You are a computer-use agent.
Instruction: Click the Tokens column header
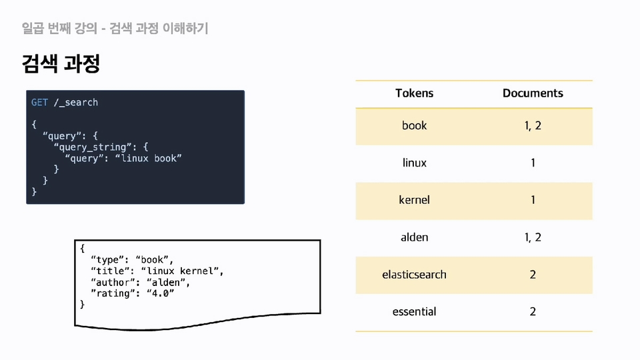[414, 93]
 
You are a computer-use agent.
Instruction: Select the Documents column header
[533, 93]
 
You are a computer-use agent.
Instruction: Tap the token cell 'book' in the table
[414, 125]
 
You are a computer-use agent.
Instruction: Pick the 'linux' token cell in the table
[414, 163]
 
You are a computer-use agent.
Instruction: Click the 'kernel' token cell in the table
[414, 200]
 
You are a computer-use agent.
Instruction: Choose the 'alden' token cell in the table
[414, 237]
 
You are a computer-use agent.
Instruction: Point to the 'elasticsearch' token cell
[414, 275]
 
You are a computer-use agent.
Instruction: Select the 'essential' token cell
[414, 312]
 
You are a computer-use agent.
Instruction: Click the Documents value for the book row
[533, 126]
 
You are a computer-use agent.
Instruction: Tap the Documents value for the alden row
[533, 237]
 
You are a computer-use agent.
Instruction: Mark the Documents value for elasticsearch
[533, 275]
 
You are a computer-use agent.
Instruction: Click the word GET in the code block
[39, 103]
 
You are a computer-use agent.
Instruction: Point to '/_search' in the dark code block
[76, 103]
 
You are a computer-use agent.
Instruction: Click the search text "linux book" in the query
[149, 159]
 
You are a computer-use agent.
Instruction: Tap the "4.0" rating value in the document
[161, 293]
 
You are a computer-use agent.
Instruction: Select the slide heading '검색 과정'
[61, 63]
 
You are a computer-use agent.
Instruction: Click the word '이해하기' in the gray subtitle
[185, 28]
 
